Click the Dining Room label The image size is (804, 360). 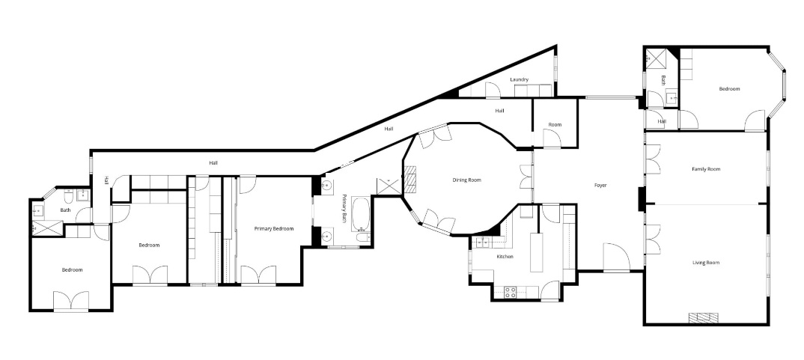tap(466, 180)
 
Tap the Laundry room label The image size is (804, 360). tap(519, 79)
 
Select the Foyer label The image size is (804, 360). tap(600, 185)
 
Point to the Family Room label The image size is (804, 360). tap(706, 168)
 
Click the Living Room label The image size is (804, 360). tap(706, 263)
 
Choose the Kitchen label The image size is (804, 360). tap(505, 257)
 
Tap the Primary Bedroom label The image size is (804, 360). tap(274, 229)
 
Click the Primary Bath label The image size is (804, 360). tap(344, 208)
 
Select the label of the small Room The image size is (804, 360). tap(555, 124)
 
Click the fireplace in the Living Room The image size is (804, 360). tap(705, 318)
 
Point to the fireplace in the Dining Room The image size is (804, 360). tap(411, 180)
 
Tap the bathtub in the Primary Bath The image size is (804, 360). tap(360, 214)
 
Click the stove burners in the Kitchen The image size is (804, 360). tap(511, 293)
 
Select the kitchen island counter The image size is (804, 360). tap(536, 252)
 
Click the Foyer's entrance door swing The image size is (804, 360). tap(616, 257)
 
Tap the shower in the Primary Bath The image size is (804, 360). tap(390, 186)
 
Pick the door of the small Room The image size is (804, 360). tap(552, 138)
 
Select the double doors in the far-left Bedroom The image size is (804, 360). tap(71, 301)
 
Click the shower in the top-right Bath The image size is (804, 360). tap(655, 58)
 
